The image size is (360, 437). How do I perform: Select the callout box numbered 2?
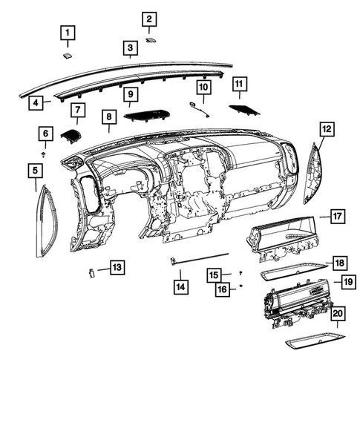149,19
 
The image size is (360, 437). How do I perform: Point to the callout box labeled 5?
35,171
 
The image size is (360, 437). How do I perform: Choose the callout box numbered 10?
203,88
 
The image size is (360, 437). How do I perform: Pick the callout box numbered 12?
327,129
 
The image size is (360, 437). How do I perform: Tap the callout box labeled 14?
180,285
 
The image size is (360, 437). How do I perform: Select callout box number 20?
337,315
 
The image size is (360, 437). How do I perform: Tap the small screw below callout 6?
45,154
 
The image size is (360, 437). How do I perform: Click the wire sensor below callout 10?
200,109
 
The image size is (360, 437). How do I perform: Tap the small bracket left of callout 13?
91,272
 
